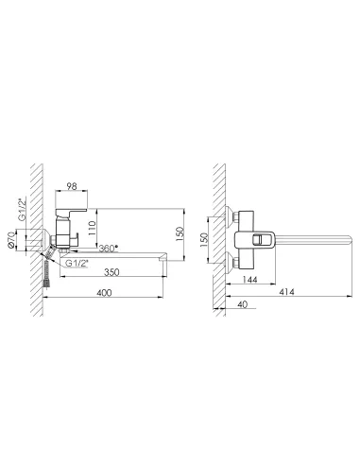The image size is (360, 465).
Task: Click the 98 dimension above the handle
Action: [x=72, y=186]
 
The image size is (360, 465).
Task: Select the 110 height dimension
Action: [x=92, y=228]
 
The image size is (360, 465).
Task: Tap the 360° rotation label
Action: [x=109, y=249]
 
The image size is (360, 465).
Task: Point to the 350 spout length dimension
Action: [x=112, y=271]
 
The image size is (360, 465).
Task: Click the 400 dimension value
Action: [x=104, y=293]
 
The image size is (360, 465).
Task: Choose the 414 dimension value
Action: [x=286, y=292]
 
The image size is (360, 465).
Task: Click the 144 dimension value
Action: [x=250, y=280]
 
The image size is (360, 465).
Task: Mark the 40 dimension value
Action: [x=242, y=304]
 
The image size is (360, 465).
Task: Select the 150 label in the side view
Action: [x=180, y=234]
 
